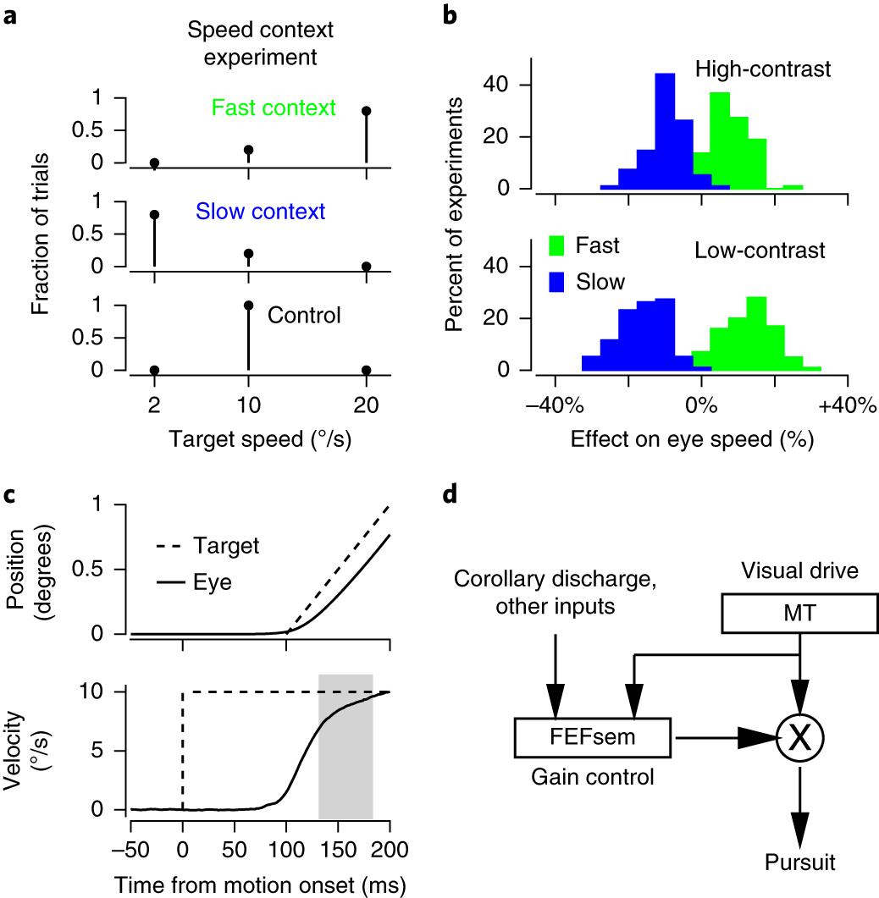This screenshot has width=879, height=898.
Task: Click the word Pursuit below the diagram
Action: pos(800,862)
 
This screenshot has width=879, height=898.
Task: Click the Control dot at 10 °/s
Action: pos(248,305)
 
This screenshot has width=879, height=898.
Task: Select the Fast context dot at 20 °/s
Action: pos(366,111)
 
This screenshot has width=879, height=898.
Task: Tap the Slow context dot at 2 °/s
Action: pos(154,215)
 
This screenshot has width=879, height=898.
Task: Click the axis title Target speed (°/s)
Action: pos(260,439)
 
